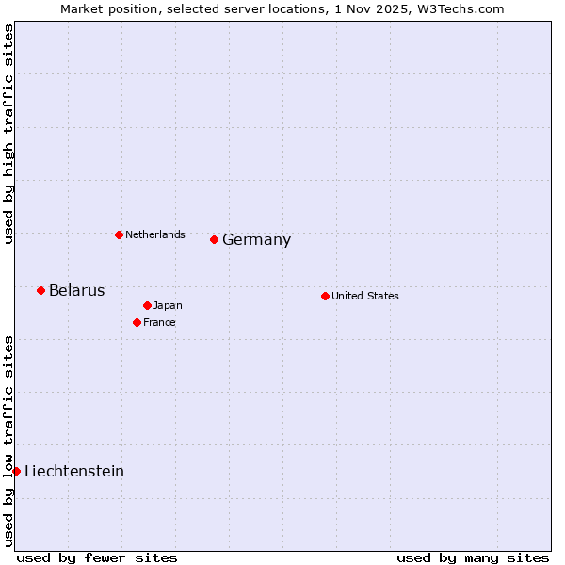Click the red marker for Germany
point(214,239)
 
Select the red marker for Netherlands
point(119,234)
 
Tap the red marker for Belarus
point(40,290)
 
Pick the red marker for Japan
point(147,305)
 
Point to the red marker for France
point(137,322)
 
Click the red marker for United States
point(325,296)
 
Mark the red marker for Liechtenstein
point(16,471)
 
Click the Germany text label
point(256,240)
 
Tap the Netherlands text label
point(155,234)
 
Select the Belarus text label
point(76,290)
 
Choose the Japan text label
point(168,305)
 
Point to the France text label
point(159,322)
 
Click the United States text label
point(365,296)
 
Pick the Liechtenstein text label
point(74,471)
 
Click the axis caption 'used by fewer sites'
point(97,557)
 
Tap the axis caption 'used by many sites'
point(473,557)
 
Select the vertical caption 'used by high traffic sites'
point(8,134)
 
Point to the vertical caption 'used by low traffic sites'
point(8,441)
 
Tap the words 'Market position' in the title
point(103,8)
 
